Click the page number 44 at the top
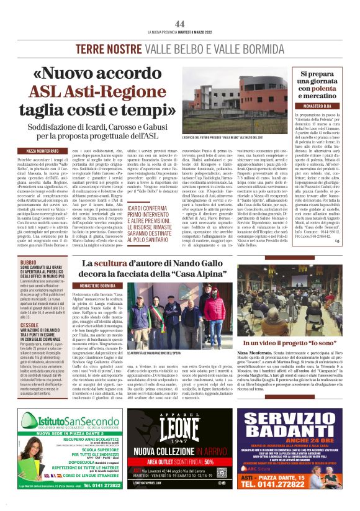click(180, 24)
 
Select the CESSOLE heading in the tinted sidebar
click(29, 324)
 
